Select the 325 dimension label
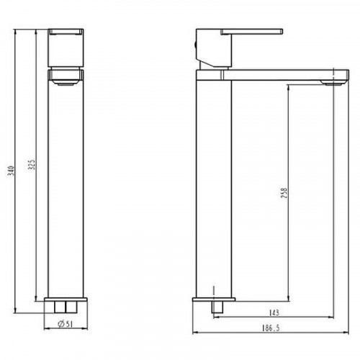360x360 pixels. pos(30,166)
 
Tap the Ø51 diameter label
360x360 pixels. pos(66,323)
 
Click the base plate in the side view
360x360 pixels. pos(213,299)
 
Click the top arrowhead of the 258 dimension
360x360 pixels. pos(288,85)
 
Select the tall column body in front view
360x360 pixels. pos(66,187)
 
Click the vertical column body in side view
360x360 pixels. pos(214,187)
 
